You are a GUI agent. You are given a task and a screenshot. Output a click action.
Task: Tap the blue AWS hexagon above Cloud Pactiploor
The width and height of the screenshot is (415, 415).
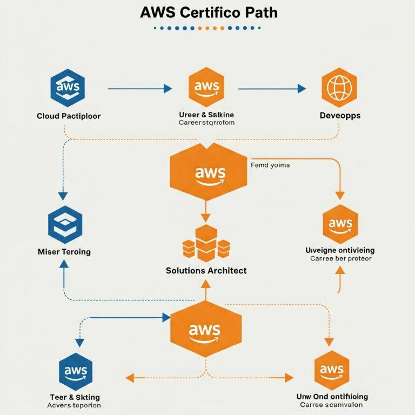pos(68,88)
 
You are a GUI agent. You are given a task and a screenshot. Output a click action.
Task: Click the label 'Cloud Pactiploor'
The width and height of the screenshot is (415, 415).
pos(68,116)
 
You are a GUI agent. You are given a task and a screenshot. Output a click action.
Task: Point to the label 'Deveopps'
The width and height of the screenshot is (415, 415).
pos(339,116)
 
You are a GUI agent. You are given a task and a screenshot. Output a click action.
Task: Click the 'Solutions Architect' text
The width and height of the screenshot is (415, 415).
pos(206,270)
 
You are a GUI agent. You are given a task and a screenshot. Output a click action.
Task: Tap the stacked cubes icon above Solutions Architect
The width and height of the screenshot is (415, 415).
pos(206,243)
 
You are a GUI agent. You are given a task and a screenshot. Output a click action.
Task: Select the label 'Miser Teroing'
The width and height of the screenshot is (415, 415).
pos(64,252)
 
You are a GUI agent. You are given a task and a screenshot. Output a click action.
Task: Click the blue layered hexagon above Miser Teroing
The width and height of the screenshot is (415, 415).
pos(65,223)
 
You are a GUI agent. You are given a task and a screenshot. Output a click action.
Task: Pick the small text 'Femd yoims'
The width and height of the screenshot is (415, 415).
pos(270,165)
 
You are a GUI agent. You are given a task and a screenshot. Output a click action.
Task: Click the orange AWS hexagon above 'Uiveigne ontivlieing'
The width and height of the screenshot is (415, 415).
pos(340,224)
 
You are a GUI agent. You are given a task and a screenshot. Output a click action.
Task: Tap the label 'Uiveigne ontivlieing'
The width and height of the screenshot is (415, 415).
pos(340,250)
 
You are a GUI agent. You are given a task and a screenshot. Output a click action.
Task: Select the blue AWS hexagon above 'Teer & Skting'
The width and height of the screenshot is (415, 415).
pos(75,371)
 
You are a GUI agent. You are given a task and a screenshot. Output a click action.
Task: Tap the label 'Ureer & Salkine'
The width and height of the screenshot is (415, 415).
pos(206,115)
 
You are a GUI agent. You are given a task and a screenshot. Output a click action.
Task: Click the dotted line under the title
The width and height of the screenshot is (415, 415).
pos(207,28)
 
